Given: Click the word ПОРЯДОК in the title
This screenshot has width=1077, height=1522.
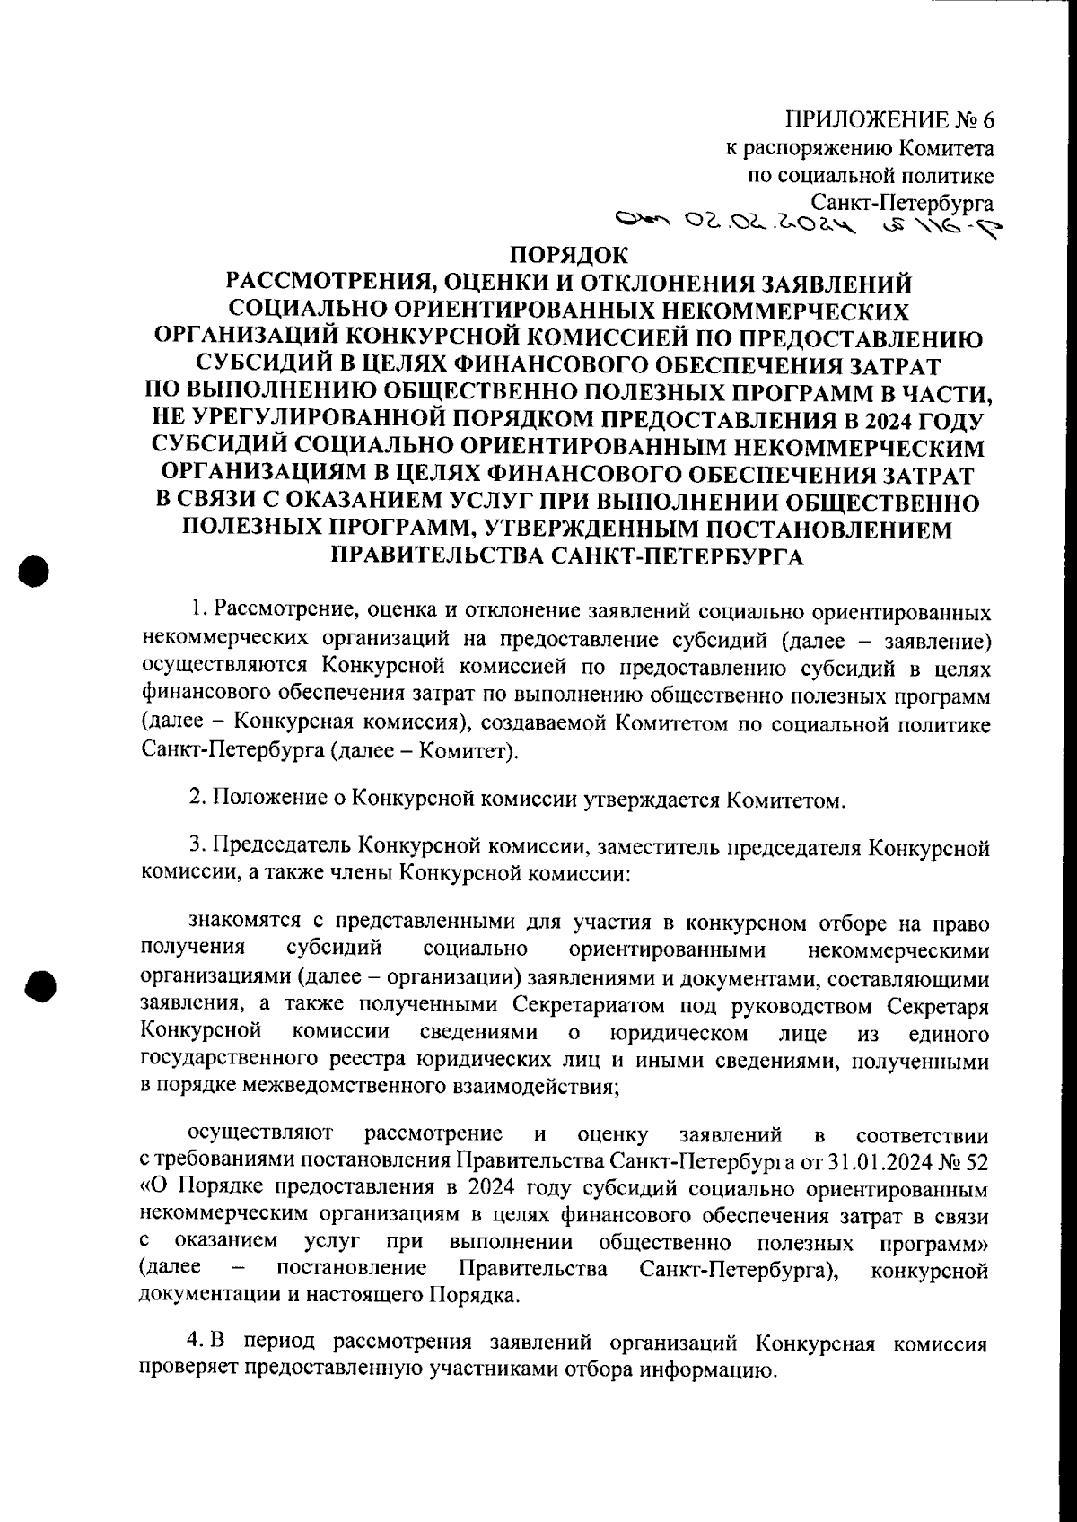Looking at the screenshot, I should tap(566, 256).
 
